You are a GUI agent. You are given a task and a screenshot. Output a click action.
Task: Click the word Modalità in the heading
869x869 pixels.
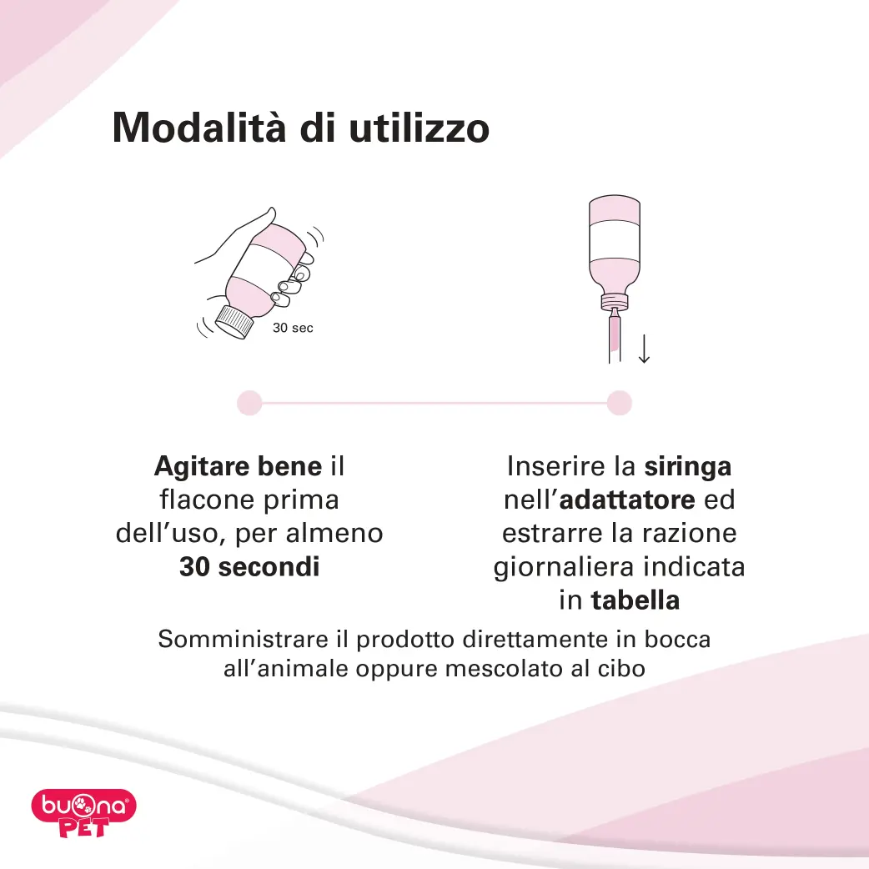(199, 128)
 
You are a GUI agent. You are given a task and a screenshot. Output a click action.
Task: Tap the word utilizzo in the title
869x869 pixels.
(419, 128)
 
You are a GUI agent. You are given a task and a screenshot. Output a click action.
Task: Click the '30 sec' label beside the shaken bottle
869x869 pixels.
(293, 328)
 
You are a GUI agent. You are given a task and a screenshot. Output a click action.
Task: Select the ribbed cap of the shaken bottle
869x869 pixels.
(234, 321)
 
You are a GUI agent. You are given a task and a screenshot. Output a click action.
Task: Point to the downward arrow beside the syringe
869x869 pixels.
(644, 349)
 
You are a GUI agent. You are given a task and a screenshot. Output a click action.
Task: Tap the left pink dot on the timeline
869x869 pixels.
(249, 403)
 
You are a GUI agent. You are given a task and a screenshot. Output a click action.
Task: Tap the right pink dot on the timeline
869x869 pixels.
(620, 403)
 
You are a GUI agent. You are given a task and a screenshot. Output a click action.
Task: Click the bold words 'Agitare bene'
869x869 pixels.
(239, 466)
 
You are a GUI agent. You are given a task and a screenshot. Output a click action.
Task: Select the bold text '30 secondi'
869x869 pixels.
(249, 567)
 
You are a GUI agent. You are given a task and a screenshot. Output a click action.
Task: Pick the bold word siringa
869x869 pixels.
(688, 467)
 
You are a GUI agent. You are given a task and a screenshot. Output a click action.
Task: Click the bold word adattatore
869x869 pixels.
(627, 500)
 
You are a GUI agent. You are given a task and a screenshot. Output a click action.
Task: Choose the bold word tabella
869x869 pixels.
(635, 600)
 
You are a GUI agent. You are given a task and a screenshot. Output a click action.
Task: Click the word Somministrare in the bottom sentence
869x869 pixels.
(244, 640)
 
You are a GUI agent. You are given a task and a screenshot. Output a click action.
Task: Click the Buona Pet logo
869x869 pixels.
(83, 813)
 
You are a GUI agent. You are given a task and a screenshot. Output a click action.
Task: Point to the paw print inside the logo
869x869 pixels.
(83, 805)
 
